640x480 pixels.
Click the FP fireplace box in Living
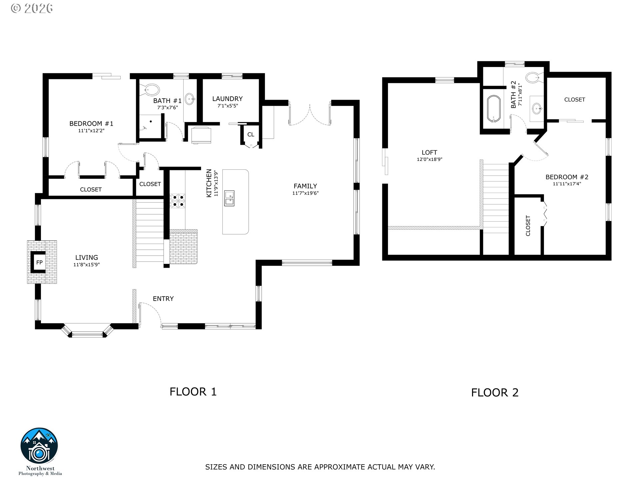click(x=39, y=262)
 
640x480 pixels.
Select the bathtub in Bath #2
click(x=494, y=109)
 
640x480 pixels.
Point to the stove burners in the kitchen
click(x=178, y=201)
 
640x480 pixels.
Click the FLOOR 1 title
click(x=193, y=391)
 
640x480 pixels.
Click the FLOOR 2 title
click(x=495, y=392)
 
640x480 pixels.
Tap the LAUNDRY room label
click(x=227, y=99)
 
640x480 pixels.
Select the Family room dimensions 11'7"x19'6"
click(x=305, y=193)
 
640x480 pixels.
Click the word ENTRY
click(x=163, y=299)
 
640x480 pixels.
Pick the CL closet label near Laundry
click(x=251, y=135)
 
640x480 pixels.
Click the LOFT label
click(x=429, y=153)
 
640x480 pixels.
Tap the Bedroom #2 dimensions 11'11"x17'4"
click(x=567, y=184)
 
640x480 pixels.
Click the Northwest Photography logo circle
click(x=39, y=446)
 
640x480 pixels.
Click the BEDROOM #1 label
click(x=91, y=124)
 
